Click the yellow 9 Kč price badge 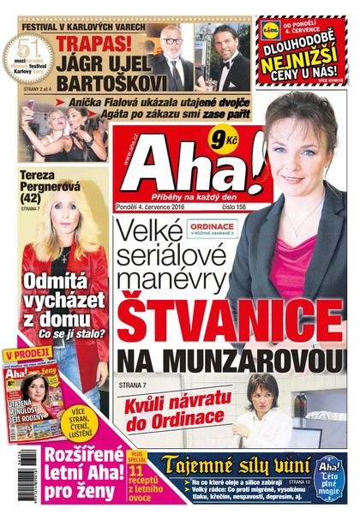[233, 134]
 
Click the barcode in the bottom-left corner [9, 481]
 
